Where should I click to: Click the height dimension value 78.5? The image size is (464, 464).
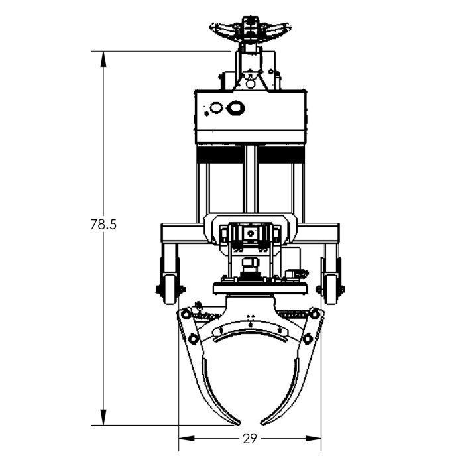point(103,225)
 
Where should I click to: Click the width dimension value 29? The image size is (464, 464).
point(250,439)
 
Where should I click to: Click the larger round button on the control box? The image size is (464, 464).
point(235,108)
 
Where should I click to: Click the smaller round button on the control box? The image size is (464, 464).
point(215,109)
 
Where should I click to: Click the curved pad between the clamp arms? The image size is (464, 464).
point(250,331)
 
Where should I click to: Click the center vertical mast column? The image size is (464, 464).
point(251,179)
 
